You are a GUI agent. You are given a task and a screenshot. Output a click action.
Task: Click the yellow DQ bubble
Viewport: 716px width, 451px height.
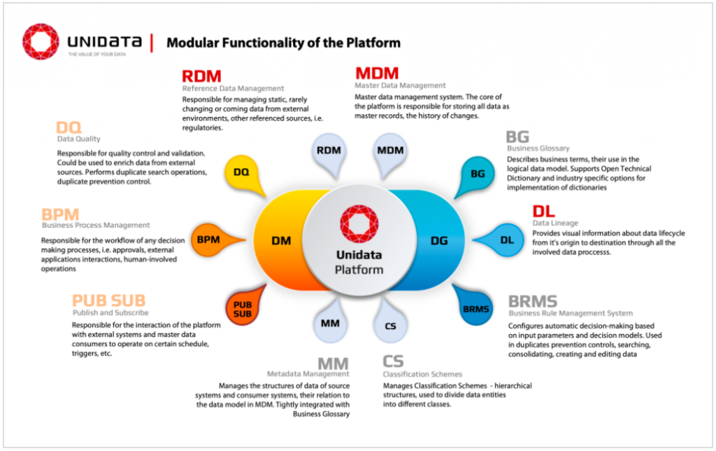coord(241,171)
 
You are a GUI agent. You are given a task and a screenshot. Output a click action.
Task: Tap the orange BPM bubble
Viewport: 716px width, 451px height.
coord(208,240)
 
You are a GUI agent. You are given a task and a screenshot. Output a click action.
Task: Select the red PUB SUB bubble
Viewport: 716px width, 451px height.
coord(242,309)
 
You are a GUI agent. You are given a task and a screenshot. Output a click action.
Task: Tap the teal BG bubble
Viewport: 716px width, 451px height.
coord(478,173)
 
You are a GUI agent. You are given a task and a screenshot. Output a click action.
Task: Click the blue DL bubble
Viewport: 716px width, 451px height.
coord(507,240)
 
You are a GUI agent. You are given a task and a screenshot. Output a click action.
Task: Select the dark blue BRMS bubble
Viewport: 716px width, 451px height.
coord(475,309)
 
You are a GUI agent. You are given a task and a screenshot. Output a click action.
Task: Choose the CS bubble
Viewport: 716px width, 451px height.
coord(390,326)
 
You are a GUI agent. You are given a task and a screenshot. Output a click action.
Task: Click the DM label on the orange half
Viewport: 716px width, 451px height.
coord(282,241)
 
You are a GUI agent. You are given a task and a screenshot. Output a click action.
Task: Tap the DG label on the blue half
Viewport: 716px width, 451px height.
coord(439,241)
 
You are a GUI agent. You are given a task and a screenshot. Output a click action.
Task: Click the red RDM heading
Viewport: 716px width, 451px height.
coord(201,76)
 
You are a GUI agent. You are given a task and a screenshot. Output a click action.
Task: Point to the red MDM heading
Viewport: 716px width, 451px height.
coord(377,74)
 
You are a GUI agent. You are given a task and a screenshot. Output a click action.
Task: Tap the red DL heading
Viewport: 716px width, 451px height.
coord(543,211)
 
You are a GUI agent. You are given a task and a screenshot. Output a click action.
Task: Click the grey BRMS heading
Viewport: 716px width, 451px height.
coord(533,302)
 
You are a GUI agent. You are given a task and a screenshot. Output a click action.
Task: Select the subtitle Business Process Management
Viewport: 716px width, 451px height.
coord(96,225)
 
